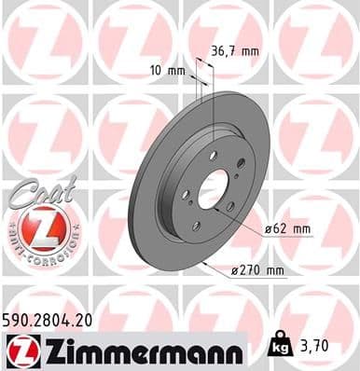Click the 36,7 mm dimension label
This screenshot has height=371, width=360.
tap(234, 53)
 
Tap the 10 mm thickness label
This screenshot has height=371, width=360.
tap(166, 70)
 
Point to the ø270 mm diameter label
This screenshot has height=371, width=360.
tap(257, 270)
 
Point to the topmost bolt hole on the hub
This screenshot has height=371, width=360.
tap(213, 155)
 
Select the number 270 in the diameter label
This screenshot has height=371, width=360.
tap(254, 270)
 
